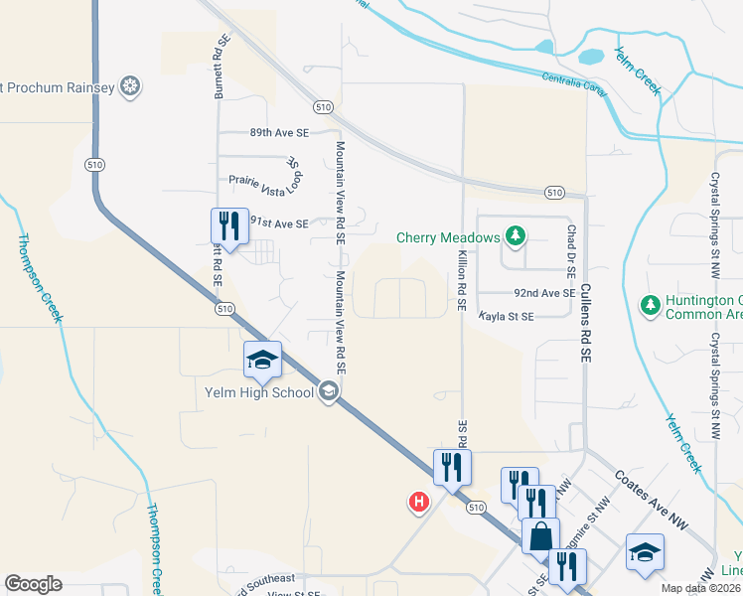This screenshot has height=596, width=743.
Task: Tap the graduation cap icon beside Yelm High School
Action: point(262,360)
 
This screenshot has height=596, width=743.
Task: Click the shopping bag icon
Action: point(540,536)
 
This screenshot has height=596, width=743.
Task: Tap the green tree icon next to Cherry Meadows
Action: point(514,236)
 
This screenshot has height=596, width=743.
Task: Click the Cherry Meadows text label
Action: point(450,237)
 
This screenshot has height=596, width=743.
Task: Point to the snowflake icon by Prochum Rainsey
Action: point(128,87)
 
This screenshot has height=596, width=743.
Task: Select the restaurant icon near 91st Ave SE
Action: point(229,224)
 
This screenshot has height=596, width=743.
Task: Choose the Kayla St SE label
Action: point(507,316)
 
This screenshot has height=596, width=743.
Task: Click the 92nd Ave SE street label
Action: point(544,294)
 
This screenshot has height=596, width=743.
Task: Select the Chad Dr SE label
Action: point(571,248)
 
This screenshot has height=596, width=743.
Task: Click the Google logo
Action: point(33,584)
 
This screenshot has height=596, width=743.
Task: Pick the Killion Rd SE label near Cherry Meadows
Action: point(462,282)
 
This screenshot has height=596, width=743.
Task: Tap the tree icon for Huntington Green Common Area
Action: point(650,303)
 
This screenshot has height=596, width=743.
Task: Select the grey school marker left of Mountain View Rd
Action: point(329,392)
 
